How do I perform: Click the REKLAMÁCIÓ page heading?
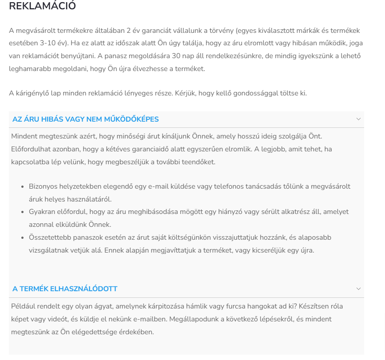43,6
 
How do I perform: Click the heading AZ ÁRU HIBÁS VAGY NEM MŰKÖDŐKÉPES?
86,119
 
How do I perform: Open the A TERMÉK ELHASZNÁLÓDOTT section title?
65,289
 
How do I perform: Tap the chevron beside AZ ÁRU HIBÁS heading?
358,119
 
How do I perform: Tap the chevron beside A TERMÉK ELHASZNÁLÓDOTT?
358,289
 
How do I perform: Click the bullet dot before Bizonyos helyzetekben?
22,187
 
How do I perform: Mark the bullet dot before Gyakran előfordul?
22,212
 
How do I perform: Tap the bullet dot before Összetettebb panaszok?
22,238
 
